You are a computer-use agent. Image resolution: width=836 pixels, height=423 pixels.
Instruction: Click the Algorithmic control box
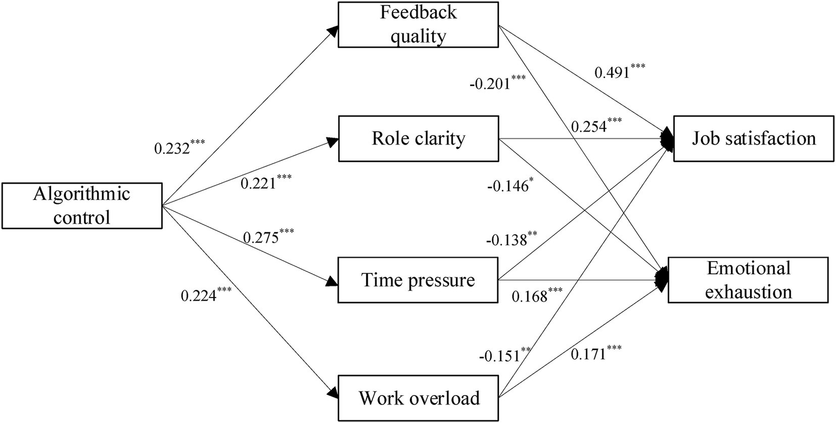point(82,206)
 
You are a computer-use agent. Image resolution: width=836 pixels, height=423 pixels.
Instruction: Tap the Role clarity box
point(418,138)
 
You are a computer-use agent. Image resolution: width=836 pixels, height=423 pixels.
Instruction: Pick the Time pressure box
point(418,280)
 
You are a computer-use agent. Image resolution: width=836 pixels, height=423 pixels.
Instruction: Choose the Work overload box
point(418,398)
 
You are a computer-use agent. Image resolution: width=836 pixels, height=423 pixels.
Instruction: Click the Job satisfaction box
point(754,138)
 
